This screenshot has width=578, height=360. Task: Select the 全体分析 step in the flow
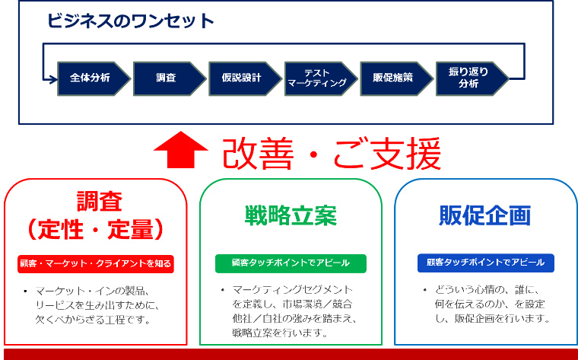(x=89, y=78)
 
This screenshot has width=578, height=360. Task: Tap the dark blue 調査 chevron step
(x=166, y=78)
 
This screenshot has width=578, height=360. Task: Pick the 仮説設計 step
(x=241, y=78)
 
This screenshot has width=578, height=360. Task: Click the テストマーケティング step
(x=316, y=78)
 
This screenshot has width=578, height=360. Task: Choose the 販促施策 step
(x=392, y=78)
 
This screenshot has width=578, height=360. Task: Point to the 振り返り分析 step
(x=468, y=78)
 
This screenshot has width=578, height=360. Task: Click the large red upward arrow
(x=181, y=150)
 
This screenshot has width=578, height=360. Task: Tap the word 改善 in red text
(x=258, y=155)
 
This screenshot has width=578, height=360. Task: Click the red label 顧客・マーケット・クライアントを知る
(x=96, y=264)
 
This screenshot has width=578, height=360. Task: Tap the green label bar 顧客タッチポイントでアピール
(x=291, y=263)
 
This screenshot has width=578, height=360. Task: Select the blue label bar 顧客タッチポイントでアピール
(x=485, y=263)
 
